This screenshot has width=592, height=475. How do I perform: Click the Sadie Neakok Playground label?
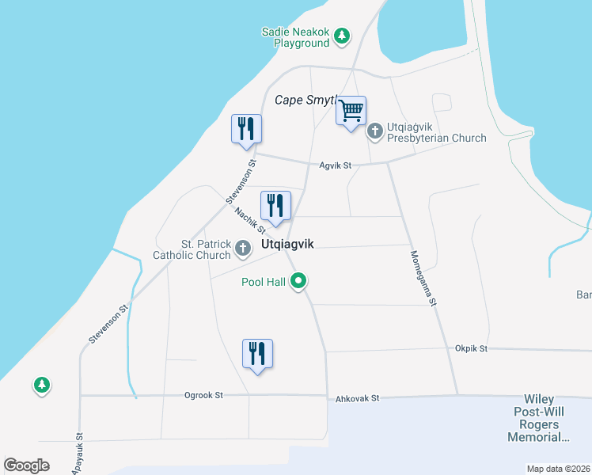pyautogui.click(x=295, y=37)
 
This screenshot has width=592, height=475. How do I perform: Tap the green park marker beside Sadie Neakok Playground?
pyautogui.click(x=342, y=36)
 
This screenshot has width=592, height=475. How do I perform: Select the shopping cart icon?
pyautogui.click(x=351, y=111)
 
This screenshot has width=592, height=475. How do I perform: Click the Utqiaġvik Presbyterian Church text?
pyautogui.click(x=436, y=132)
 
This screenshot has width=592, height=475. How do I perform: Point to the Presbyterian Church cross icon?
pyautogui.click(x=376, y=127)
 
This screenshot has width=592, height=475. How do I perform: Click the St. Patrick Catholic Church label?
pyautogui.click(x=193, y=249)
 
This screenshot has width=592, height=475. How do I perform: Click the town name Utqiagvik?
pyautogui.click(x=287, y=245)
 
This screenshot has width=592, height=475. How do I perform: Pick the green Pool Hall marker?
pyautogui.click(x=299, y=280)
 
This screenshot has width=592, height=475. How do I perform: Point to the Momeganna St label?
pyautogui.click(x=423, y=278)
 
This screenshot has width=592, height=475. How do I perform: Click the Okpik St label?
pyautogui.click(x=471, y=348)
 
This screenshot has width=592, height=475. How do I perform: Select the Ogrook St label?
pyautogui.click(x=204, y=395)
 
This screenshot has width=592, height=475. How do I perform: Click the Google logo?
pyautogui.click(x=26, y=465)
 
